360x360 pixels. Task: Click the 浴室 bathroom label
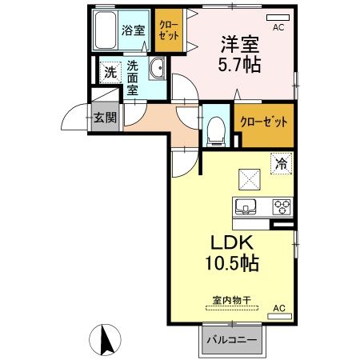133,31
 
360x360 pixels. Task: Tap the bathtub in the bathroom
104,31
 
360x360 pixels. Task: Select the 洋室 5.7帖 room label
236,51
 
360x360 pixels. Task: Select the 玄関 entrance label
104,118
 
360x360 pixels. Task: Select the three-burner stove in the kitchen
282,205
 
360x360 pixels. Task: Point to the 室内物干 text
232,300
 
